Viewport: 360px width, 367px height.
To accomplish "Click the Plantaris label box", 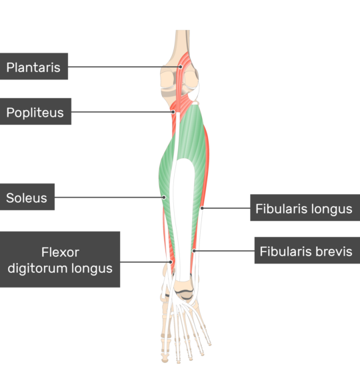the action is (34, 66).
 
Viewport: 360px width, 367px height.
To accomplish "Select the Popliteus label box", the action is (35, 111).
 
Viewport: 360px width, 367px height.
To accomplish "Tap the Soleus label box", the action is (27, 197).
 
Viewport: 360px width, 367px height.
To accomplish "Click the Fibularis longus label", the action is (305, 208).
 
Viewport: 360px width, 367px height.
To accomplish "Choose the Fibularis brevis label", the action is (307, 250).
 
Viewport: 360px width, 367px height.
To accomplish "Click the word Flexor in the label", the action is (61, 252).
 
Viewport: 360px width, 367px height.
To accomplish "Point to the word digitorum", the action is (38, 268).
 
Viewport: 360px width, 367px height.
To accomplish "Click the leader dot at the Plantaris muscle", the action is (181, 67).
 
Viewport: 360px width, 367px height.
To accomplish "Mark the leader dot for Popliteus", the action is (173, 112).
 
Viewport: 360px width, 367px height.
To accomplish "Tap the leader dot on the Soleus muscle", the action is (164, 198).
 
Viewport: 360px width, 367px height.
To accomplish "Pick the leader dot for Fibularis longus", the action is (202, 208).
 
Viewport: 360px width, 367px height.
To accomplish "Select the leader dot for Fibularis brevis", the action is (194, 251).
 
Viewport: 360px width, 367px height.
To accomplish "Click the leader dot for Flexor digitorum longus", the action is (171, 262).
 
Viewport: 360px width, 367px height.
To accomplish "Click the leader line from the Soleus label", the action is (109, 198).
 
